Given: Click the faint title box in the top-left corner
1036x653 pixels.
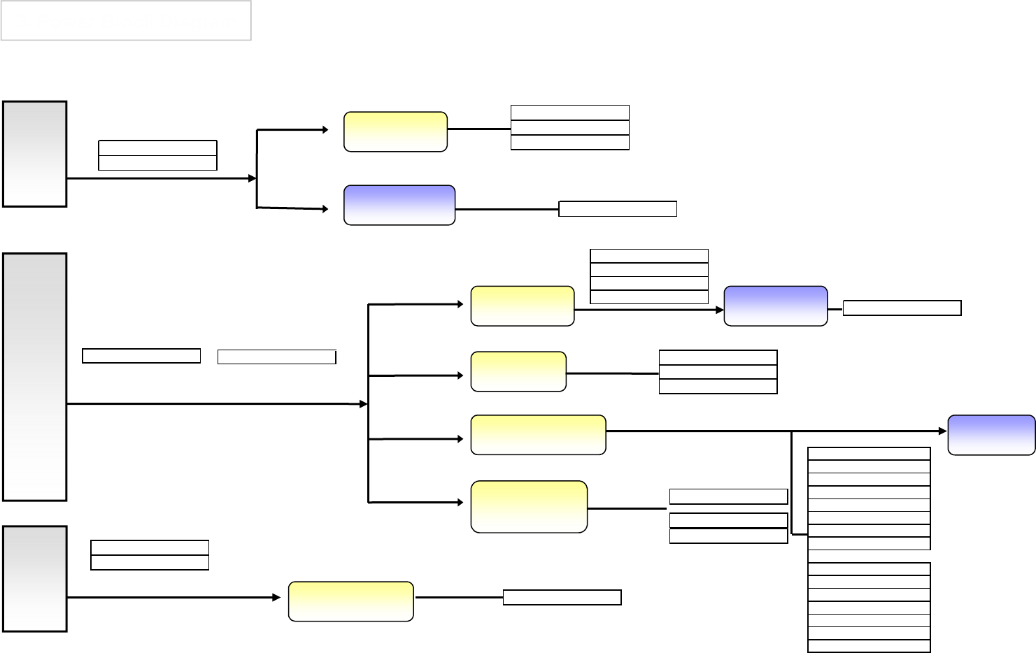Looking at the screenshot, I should pyautogui.click(x=126, y=20).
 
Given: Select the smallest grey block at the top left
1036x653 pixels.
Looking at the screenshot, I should pyautogui.click(x=35, y=154).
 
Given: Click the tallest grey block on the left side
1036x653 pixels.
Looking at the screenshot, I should pyautogui.click(x=35, y=377).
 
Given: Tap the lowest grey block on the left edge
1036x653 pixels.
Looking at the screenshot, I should pyautogui.click(x=35, y=579).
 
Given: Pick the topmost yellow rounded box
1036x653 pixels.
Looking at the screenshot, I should pyautogui.click(x=395, y=131).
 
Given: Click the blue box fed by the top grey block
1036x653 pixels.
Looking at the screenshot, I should pyautogui.click(x=399, y=205).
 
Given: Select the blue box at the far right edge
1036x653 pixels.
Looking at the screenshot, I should pyautogui.click(x=991, y=435).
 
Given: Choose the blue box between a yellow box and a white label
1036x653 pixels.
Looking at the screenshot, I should pyautogui.click(x=775, y=306).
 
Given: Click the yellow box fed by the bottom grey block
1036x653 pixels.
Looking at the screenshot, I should pyautogui.click(x=350, y=601).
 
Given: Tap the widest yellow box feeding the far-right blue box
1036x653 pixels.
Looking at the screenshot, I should pyautogui.click(x=538, y=435).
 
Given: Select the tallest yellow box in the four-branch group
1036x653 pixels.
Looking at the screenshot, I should pyautogui.click(x=529, y=507).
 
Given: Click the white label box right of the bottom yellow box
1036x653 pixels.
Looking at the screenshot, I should pyautogui.click(x=562, y=597).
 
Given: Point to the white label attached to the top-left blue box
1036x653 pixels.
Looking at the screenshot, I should pyautogui.click(x=618, y=208).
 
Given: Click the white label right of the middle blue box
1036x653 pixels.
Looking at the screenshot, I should pyautogui.click(x=902, y=308).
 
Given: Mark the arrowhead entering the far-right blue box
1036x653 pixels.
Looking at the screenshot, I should pyautogui.click(x=944, y=431).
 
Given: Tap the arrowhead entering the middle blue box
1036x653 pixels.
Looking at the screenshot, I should pyautogui.click(x=720, y=309).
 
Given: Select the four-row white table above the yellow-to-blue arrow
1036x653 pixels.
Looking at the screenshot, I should pyautogui.click(x=649, y=276).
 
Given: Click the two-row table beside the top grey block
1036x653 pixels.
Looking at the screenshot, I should pyautogui.click(x=157, y=155).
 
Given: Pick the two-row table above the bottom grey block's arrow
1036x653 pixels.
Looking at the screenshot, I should pyautogui.click(x=150, y=555).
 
